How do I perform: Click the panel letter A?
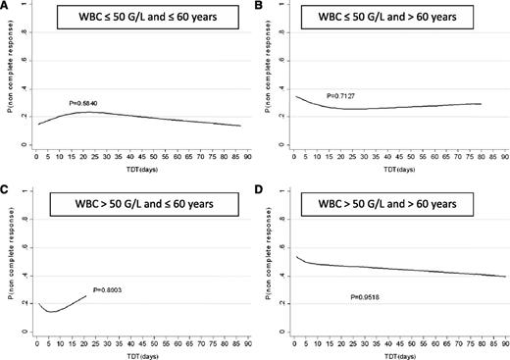pos(5,6)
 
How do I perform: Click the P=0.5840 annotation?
pos(85,103)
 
